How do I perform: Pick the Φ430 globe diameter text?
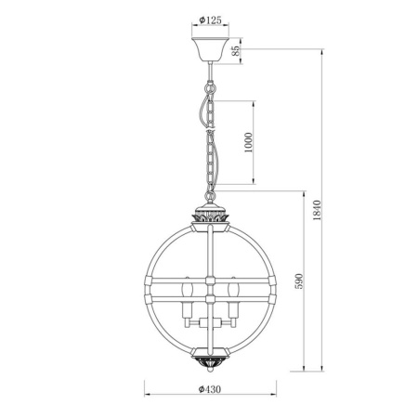(209, 390)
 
